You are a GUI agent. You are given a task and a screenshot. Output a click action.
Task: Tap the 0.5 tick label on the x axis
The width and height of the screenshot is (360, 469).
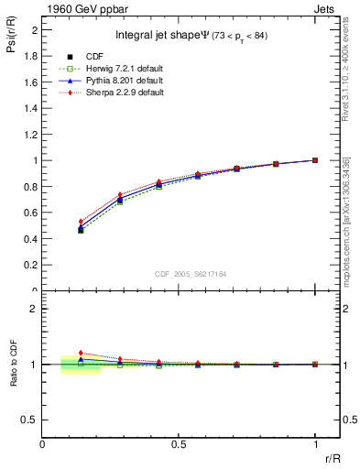[x=179, y=443]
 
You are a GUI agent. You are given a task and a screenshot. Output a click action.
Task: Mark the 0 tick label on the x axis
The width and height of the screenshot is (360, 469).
[x=43, y=443]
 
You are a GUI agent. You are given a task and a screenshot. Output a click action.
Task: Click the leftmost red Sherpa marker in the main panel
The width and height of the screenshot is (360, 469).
[x=81, y=222]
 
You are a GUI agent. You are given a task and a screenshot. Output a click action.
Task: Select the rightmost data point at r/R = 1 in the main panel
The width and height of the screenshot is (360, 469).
[x=315, y=160]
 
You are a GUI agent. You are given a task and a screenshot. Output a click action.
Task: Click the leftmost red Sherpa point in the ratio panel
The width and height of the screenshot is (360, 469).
[x=81, y=353]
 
